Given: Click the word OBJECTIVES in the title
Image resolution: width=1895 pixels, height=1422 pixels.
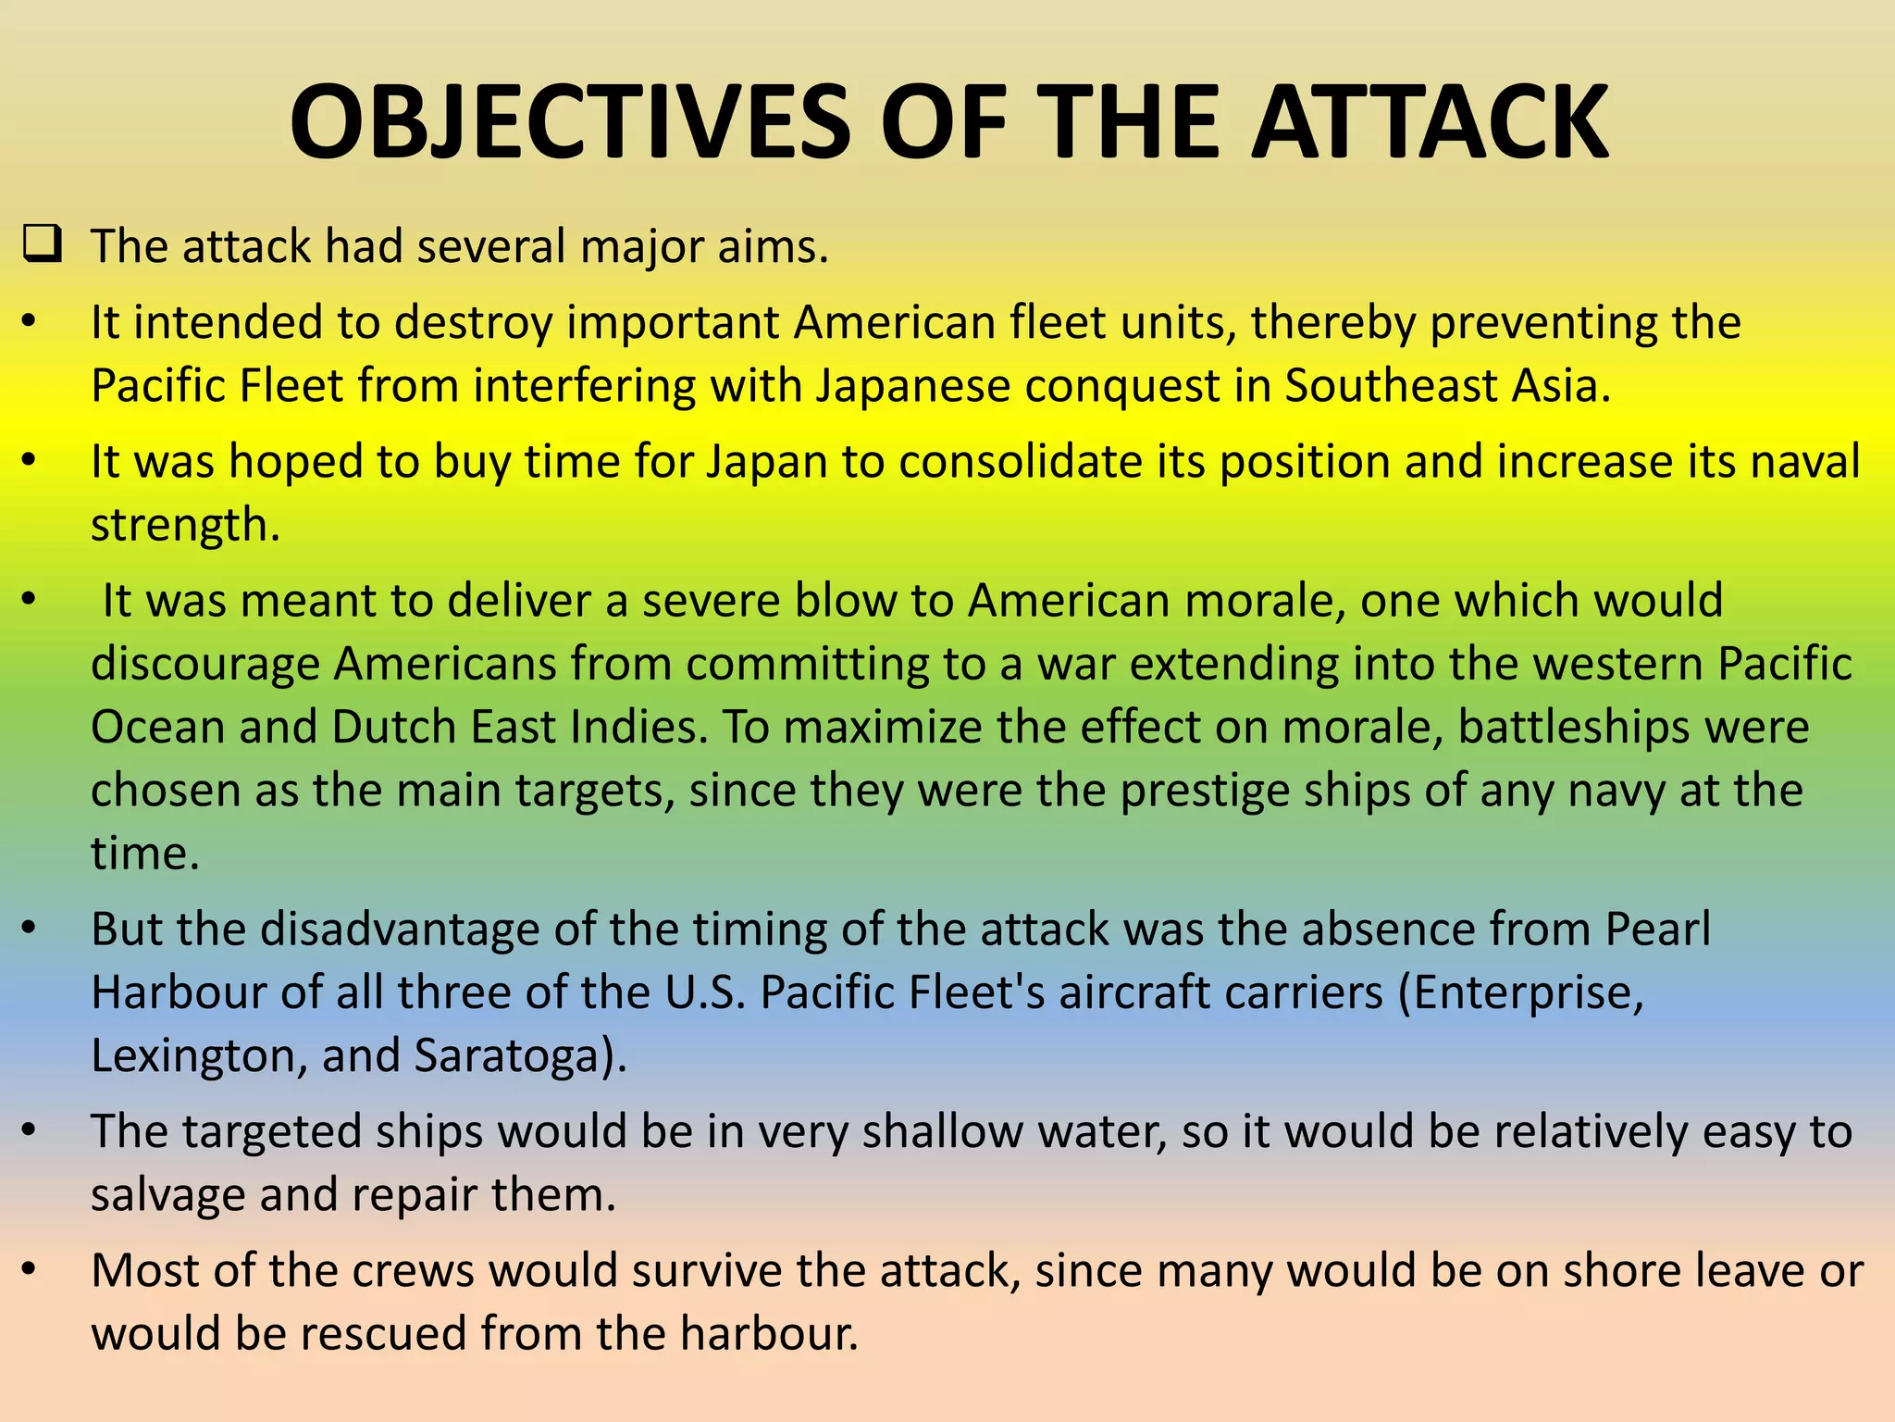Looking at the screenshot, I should point(569,124).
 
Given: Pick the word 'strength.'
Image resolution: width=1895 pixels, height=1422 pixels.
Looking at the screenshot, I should point(185,526).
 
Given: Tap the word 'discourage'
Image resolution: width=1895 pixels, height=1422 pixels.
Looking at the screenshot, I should point(204,665).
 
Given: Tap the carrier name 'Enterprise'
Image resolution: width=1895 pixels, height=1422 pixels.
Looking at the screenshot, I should point(1528,993).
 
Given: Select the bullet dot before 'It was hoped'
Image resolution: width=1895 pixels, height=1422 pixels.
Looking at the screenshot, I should point(29,460).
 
